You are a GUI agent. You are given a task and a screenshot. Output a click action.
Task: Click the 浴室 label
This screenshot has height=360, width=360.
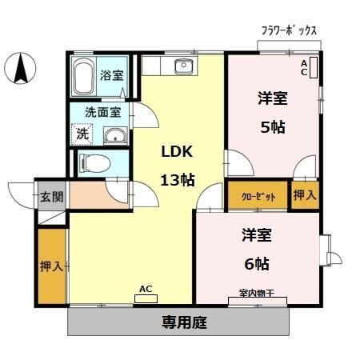112,77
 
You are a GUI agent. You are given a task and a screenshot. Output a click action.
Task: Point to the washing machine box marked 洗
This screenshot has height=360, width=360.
83,134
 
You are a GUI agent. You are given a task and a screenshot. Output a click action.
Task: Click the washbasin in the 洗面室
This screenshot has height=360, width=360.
115,135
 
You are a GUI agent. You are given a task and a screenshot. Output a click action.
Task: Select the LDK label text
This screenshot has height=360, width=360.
178,152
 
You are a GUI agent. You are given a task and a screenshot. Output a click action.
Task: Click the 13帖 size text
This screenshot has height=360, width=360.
178,179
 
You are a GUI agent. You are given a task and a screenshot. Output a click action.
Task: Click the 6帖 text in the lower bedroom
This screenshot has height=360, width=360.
257,263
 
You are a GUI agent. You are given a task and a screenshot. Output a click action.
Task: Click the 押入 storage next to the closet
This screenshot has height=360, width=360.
304,195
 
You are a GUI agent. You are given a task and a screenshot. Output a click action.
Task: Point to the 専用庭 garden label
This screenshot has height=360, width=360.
185,322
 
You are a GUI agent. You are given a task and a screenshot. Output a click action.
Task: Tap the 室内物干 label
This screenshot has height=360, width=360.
256,294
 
